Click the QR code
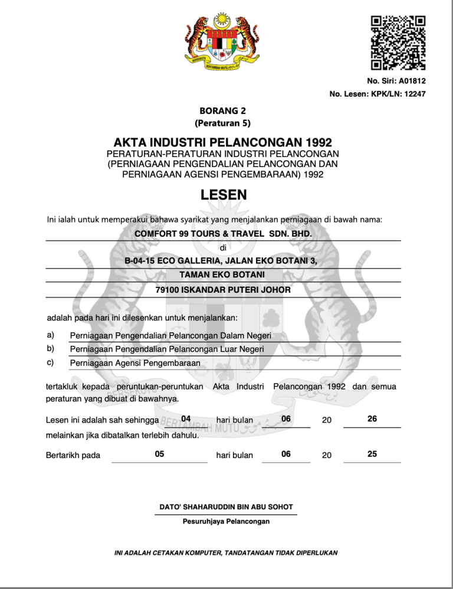pos(398,42)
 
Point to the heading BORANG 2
pos(222,110)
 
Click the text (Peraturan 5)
pos(222,123)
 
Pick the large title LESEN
pos(224,195)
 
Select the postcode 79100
pos(168,290)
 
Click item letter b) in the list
pos(51,349)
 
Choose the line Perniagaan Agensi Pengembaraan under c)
pos(135,363)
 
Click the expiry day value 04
pos(186,419)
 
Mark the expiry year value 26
pos(372,418)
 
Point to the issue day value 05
pos(159,454)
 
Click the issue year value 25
pos(372,454)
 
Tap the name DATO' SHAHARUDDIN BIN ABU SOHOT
pos(226,507)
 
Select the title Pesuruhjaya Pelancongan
pos(226,522)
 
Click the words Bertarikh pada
pos(73,455)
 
